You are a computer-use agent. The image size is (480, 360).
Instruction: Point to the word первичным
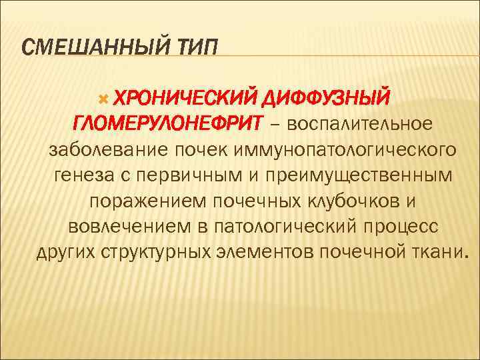point(184,176)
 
